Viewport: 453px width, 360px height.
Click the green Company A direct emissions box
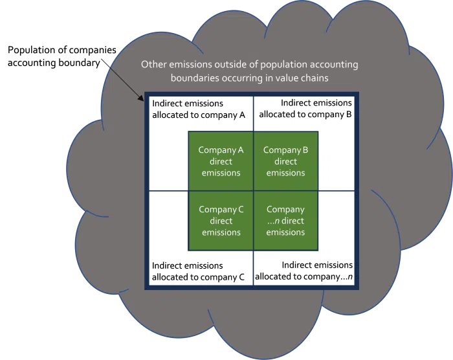pyautogui.click(x=221, y=161)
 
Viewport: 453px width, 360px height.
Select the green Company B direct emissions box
pyautogui.click(x=286, y=161)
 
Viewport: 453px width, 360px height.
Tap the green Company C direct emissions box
pyautogui.click(x=221, y=221)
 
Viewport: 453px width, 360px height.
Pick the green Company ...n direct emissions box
pyautogui.click(x=286, y=221)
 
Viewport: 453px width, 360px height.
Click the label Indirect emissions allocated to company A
pyautogui.click(x=199, y=109)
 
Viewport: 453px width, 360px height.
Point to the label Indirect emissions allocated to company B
pyautogui.click(x=305, y=109)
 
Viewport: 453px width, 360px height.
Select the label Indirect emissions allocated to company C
pyautogui.click(x=198, y=271)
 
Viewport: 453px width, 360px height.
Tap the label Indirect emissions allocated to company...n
pyautogui.click(x=304, y=271)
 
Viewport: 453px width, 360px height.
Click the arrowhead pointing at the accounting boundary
pyautogui.click(x=141, y=98)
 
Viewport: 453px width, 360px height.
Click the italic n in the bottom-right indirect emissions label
pyautogui.click(x=350, y=276)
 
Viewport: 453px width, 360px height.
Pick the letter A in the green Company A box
pyautogui.click(x=240, y=150)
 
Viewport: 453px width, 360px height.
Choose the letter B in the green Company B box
pyautogui.click(x=305, y=150)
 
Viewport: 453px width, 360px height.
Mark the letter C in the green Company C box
pyautogui.click(x=241, y=209)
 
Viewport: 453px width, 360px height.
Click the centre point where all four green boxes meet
pyautogui.click(x=254, y=191)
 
